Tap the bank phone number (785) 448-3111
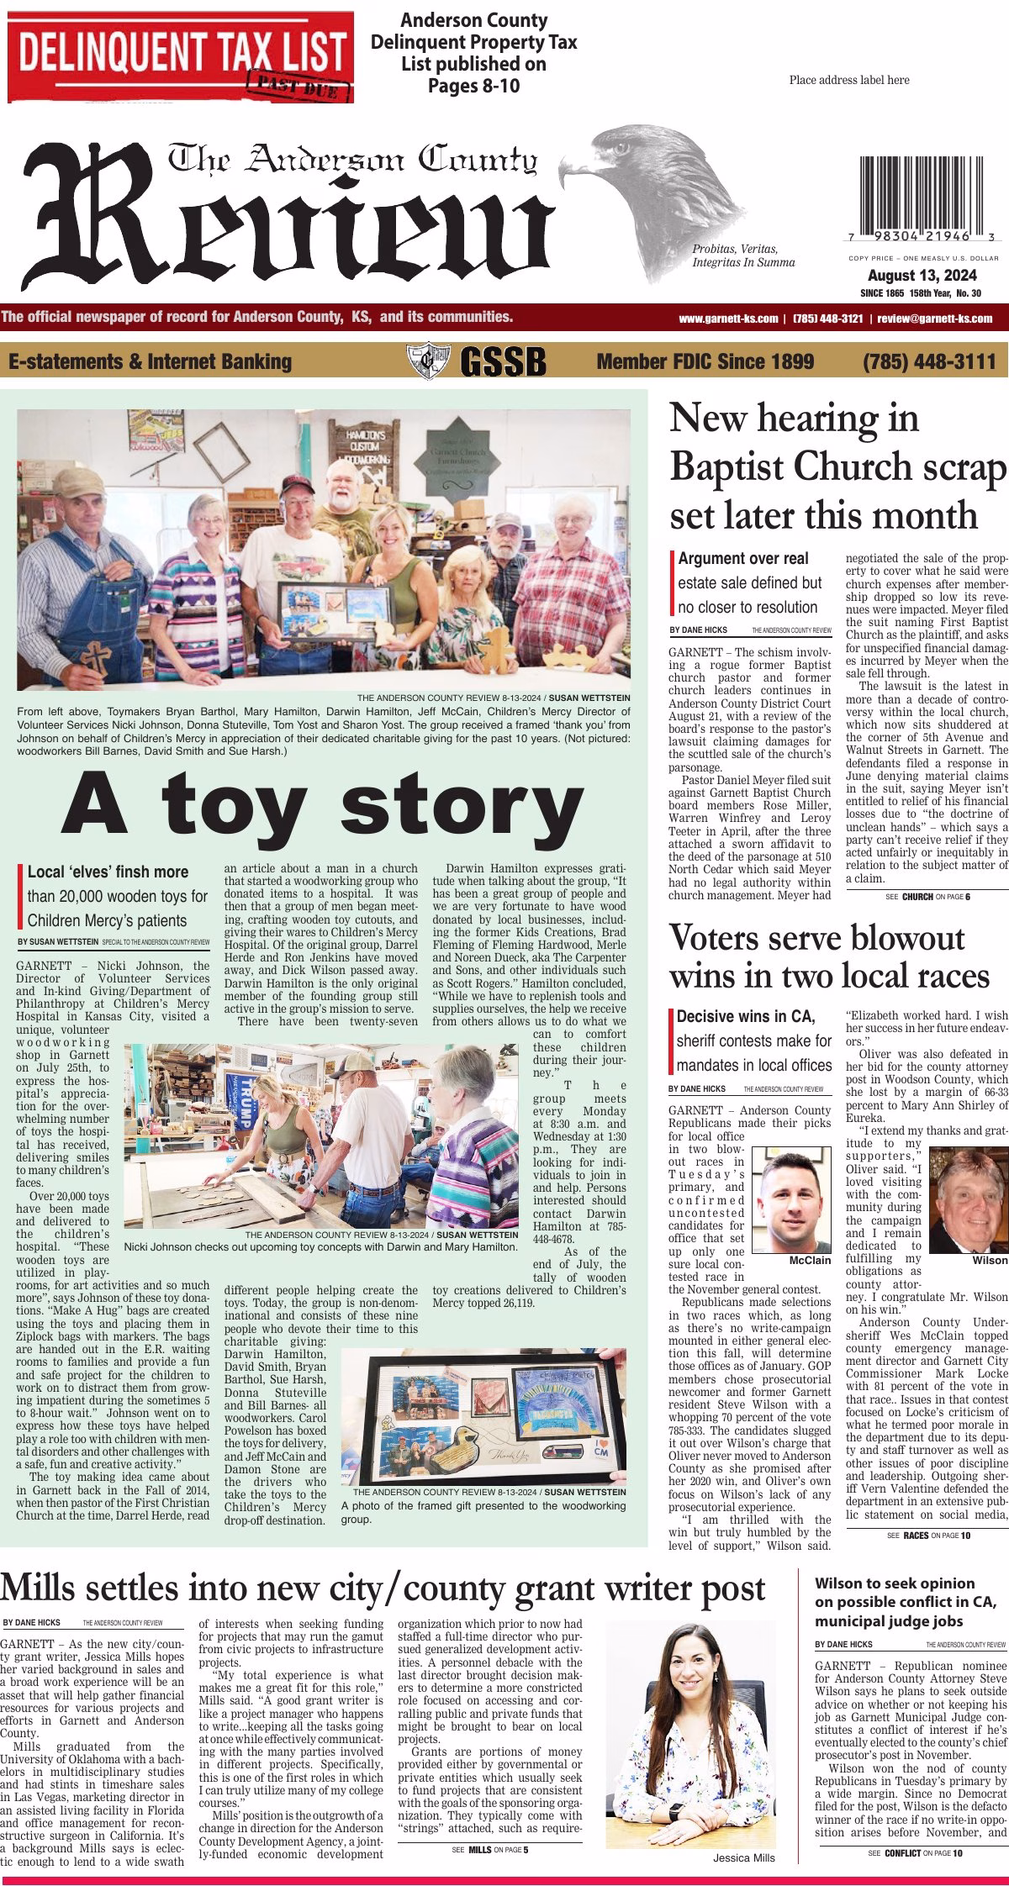click(928, 361)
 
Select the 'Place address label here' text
click(849, 81)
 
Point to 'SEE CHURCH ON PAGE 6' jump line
click(927, 897)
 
